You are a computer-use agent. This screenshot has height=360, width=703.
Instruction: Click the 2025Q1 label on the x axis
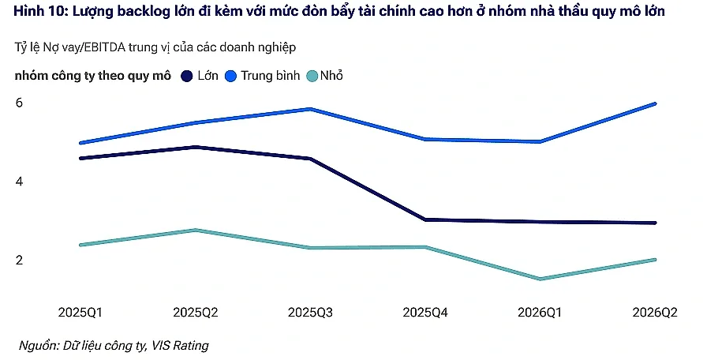80,312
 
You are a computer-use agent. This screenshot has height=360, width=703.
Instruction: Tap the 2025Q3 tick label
310,312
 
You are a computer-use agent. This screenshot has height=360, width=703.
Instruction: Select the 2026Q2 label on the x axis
655,312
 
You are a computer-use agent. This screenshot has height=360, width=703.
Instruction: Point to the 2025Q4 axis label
425,312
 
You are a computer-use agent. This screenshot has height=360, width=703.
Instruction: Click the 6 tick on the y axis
19,103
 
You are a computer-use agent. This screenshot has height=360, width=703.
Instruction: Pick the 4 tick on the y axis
19,182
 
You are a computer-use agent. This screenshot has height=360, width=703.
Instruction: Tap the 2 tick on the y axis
19,260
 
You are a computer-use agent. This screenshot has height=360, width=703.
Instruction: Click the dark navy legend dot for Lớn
186,76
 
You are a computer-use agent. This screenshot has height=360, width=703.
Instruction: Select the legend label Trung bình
271,76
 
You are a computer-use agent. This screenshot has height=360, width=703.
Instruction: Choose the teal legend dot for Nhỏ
312,76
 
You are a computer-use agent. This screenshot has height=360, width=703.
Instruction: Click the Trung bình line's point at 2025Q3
310,109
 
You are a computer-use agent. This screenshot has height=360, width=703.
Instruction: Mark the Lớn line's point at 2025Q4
425,219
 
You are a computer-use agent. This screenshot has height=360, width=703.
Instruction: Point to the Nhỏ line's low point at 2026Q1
540,279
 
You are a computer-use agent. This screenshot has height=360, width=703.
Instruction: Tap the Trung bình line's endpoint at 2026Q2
655,103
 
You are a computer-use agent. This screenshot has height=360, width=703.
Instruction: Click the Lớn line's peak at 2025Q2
196,147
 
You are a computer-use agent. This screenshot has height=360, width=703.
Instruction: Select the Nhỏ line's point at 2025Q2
196,231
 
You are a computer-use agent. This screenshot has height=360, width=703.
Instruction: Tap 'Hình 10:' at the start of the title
40,11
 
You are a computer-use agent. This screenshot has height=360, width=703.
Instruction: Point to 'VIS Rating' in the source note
180,345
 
